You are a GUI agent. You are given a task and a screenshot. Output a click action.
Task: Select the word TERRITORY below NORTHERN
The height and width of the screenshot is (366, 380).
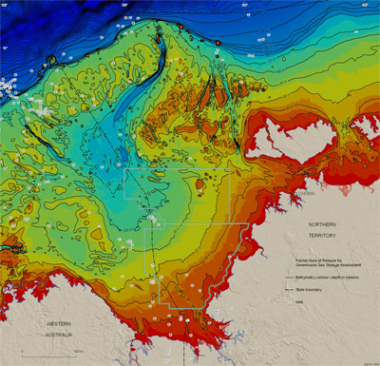coord(326,234)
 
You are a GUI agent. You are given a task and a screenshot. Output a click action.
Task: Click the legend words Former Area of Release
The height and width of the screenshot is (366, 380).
coord(313,259)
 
